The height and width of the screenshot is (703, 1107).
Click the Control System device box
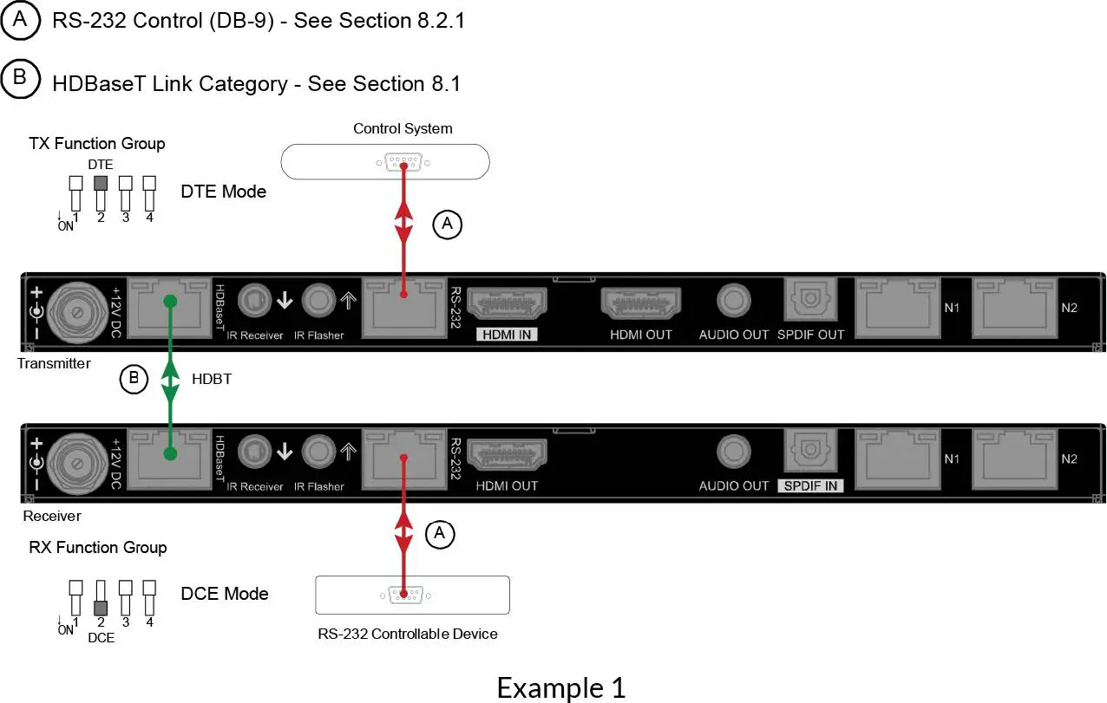(385, 162)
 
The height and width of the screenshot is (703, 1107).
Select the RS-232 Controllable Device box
(412, 595)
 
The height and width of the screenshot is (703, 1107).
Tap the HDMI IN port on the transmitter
(508, 303)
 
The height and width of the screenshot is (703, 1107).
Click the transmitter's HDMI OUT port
(641, 303)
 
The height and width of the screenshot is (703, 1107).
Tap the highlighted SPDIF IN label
(811, 486)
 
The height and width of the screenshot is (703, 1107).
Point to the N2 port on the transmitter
(1014, 307)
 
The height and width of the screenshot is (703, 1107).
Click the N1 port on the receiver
(899, 459)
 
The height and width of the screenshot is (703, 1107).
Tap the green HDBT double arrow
(171, 378)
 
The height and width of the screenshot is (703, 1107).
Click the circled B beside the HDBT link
(134, 379)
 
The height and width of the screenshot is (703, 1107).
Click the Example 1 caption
(560, 687)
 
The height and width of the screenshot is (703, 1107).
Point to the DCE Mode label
(225, 594)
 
